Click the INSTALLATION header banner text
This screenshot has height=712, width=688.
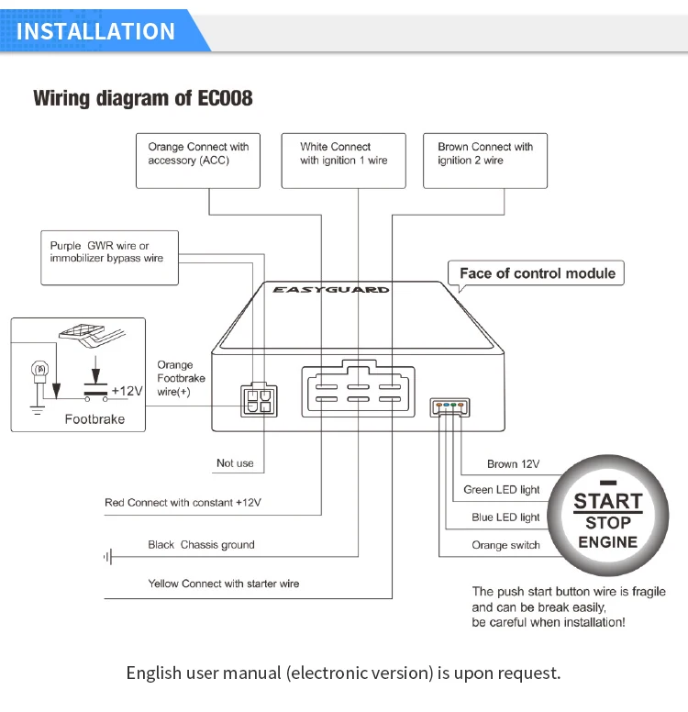pyautogui.click(x=95, y=31)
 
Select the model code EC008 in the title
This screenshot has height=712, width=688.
pyautogui.click(x=225, y=98)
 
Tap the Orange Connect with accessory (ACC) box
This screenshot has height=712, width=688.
pyautogui.click(x=198, y=161)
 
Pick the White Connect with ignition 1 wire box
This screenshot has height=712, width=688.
pyautogui.click(x=343, y=161)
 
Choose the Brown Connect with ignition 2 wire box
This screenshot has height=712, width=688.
pyautogui.click(x=485, y=161)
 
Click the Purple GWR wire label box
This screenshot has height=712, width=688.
pyautogui.click(x=109, y=258)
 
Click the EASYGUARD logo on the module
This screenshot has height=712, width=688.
pyautogui.click(x=330, y=290)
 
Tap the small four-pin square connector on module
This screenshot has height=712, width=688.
pyautogui.click(x=259, y=400)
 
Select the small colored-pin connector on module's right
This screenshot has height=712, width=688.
pyautogui.click(x=449, y=406)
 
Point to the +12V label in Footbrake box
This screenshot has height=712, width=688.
pyautogui.click(x=128, y=391)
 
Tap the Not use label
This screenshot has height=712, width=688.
pyautogui.click(x=235, y=463)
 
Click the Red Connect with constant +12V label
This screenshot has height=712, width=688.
pyautogui.click(x=183, y=503)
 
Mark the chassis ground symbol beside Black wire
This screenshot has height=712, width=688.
pyautogui.click(x=108, y=557)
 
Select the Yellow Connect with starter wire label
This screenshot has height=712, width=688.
pyautogui.click(x=224, y=584)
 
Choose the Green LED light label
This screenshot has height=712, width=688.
pyautogui.click(x=502, y=490)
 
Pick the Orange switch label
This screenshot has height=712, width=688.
pyautogui.click(x=505, y=545)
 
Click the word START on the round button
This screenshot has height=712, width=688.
pyautogui.click(x=608, y=501)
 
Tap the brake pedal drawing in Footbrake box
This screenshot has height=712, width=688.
pyautogui.click(x=92, y=336)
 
